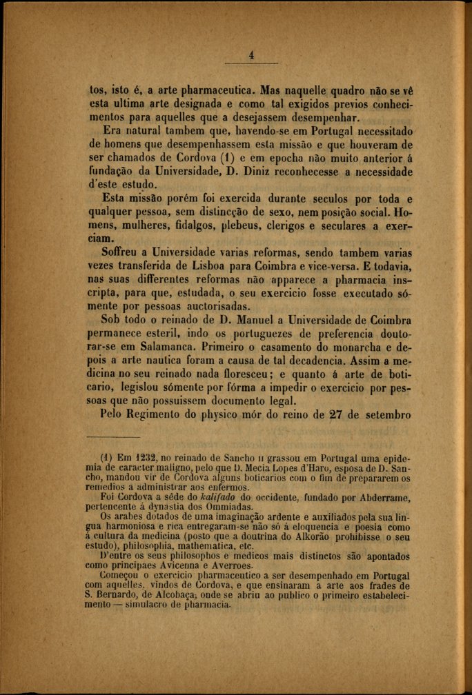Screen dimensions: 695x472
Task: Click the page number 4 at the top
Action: (251, 56)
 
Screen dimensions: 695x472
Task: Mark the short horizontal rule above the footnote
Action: (113, 436)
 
